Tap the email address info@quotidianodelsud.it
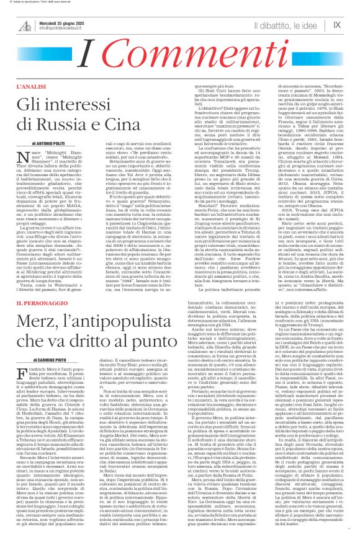pyautogui.click(x=65, y=29)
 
